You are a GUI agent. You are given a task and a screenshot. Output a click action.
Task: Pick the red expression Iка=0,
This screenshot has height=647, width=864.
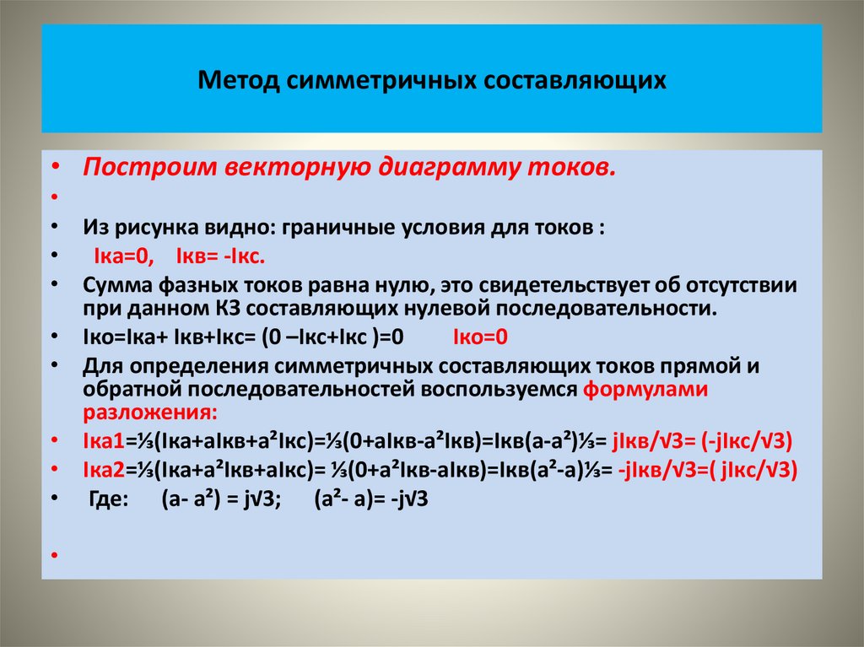pyautogui.click(x=123, y=256)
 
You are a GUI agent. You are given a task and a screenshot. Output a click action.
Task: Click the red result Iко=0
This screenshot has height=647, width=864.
pyautogui.click(x=480, y=337)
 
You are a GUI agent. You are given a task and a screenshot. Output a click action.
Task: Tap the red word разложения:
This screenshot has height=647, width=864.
pyautogui.click(x=149, y=413)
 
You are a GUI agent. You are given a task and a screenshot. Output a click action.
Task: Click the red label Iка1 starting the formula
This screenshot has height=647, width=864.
pyautogui.click(x=104, y=441)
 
